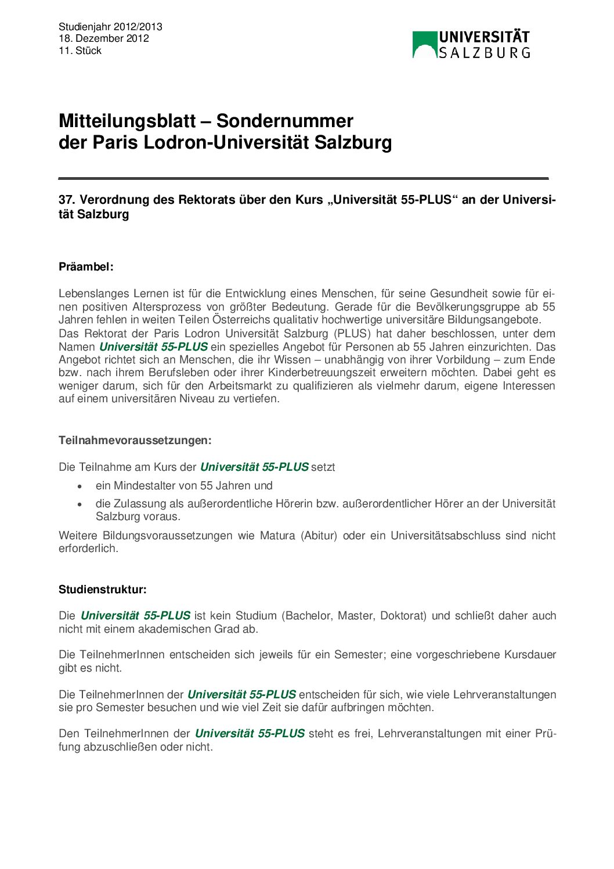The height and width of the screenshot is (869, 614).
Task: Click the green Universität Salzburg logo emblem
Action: [424, 45]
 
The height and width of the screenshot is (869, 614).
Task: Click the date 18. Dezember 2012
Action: [103, 38]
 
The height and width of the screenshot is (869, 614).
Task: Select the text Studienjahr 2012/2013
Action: [110, 27]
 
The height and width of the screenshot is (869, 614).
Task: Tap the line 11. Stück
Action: [80, 51]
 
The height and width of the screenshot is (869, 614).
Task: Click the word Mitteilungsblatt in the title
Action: [127, 121]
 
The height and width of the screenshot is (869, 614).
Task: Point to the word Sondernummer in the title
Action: [284, 121]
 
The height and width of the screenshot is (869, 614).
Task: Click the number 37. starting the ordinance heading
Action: [67, 200]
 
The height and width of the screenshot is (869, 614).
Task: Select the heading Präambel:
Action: [86, 267]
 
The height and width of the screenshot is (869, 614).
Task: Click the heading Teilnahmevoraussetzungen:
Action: [135, 440]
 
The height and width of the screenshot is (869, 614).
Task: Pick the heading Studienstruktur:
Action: [102, 590]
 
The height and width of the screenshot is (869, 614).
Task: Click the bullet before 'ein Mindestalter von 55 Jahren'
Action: [80, 486]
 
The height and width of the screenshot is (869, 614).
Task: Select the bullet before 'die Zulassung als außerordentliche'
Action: [80, 504]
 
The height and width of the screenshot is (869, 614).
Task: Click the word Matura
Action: [277, 535]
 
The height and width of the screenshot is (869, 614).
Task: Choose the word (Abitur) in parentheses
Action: [319, 535]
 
